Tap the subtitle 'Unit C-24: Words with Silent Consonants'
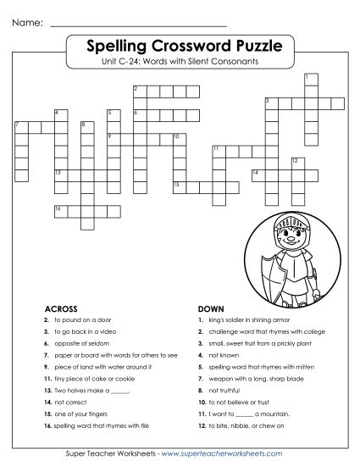point(180,61)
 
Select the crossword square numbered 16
point(58,209)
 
